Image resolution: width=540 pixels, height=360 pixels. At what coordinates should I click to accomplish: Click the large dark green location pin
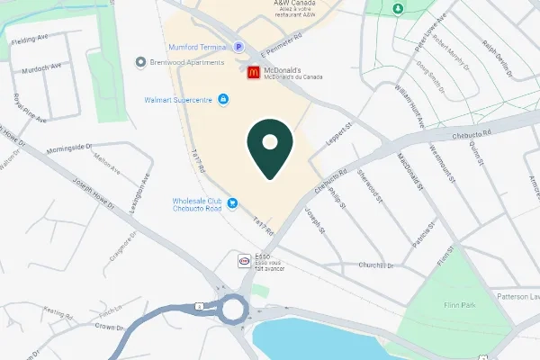pos(269,148)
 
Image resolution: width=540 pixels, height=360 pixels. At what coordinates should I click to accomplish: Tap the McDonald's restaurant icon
pos(254,73)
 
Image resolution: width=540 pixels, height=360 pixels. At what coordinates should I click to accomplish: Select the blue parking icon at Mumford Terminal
pos(238,47)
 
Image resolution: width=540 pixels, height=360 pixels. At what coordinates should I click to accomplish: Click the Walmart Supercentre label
pos(178,99)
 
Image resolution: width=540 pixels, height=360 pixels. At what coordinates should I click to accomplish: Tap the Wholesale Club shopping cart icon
pos(232,203)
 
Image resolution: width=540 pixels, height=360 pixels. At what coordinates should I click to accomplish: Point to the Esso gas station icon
pos(243,261)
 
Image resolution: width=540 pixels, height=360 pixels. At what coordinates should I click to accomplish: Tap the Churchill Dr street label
pos(376,265)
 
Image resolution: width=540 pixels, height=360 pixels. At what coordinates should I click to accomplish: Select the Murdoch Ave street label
pos(43,66)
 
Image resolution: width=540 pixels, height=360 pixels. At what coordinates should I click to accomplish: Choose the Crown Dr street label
pos(108,327)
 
